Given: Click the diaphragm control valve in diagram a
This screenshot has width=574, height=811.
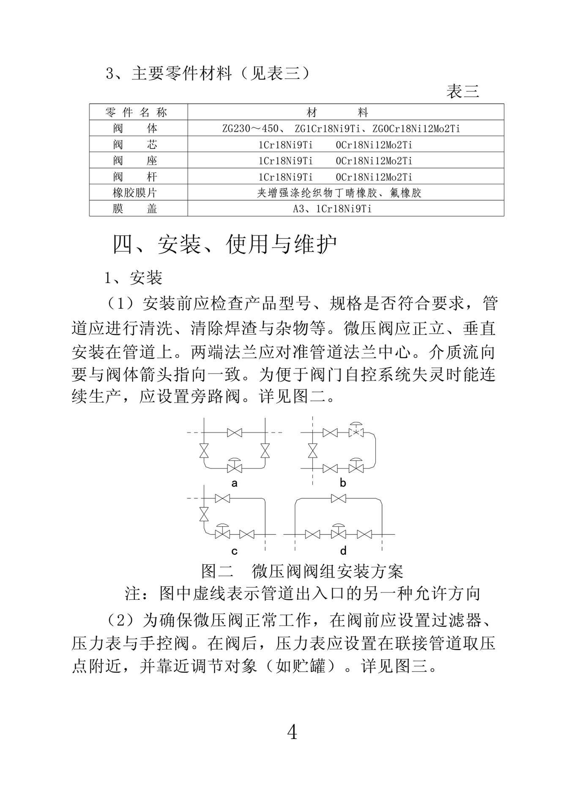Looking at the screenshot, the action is point(234,466).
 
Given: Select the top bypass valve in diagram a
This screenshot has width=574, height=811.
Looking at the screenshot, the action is point(234,433).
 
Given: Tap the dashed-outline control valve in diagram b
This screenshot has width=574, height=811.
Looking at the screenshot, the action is point(356,431).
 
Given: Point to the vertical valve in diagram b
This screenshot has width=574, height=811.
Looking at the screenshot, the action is point(312,451).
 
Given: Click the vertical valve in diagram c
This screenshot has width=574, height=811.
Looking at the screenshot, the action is point(204,514).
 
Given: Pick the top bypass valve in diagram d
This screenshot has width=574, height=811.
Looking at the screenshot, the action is point(338,499).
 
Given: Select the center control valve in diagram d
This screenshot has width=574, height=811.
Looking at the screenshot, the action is point(338,533).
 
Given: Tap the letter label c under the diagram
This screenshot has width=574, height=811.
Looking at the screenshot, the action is point(234,551).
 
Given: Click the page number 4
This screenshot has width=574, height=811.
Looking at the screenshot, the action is point(292,732).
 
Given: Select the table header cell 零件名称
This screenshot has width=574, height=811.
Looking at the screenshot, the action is point(136,112).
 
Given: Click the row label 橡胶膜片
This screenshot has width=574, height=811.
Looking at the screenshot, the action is point(135,193).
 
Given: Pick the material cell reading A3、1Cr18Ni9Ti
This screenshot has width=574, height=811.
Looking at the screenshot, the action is point(332,209).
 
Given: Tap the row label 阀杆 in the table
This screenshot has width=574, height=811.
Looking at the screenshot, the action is point(135,177).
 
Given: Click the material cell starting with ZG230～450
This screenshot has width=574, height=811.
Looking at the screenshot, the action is point(341,128).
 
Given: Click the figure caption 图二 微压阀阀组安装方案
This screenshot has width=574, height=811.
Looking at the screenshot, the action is point(302,572).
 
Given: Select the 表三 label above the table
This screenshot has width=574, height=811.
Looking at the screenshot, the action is point(463,92).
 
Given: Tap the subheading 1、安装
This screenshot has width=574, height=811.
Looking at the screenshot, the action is point(134,278).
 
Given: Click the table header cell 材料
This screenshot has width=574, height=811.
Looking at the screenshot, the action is point(337,112).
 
